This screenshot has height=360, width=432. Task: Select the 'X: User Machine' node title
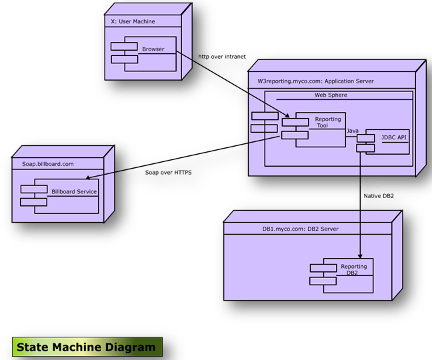tap(133, 22)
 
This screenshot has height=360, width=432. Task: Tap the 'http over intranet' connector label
tap(222, 57)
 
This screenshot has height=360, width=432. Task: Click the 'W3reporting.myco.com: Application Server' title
tap(315, 81)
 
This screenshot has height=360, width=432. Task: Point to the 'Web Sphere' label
tap(331, 95)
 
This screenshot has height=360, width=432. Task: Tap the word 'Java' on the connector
tap(353, 131)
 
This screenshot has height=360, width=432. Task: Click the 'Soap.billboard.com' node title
tap(43, 163)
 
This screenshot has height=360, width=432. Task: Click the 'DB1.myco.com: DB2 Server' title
tap(300, 229)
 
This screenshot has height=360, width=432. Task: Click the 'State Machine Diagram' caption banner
tap(86, 347)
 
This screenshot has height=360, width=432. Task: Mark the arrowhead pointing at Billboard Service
tap(91, 177)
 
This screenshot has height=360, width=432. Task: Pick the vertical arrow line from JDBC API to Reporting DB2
tap(361, 200)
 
